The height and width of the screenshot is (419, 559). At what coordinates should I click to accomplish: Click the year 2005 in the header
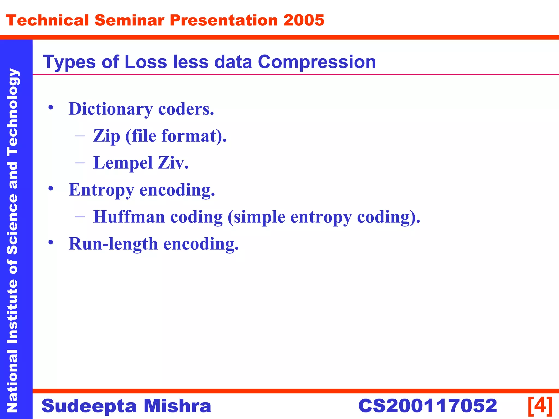pyautogui.click(x=304, y=20)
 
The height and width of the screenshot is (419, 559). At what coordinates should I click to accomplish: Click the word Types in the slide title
pyautogui.click(x=69, y=62)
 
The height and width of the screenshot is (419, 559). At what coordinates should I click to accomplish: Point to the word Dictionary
pyautogui.click(x=111, y=109)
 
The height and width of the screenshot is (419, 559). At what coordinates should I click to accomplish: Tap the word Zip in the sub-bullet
pyautogui.click(x=106, y=136)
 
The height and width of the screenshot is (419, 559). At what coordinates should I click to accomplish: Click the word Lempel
pyautogui.click(x=123, y=163)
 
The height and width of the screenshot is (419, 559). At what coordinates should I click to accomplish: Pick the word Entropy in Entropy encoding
pyautogui.click(x=101, y=190)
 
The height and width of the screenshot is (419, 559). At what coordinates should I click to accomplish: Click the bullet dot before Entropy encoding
pyautogui.click(x=50, y=188)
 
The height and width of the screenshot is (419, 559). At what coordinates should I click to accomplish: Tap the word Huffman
pyautogui.click(x=129, y=217)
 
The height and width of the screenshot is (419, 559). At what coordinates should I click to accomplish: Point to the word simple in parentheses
pyautogui.click(x=260, y=217)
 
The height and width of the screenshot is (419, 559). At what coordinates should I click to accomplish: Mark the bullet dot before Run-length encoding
pyautogui.click(x=50, y=242)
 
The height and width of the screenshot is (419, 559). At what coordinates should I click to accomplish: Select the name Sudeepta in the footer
pyautogui.click(x=89, y=406)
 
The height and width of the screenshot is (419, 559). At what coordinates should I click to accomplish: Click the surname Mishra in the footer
pyautogui.click(x=177, y=406)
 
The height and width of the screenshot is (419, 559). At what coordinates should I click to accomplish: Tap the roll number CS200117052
pyautogui.click(x=427, y=406)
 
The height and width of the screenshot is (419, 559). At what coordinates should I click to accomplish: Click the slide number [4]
pyautogui.click(x=540, y=406)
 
